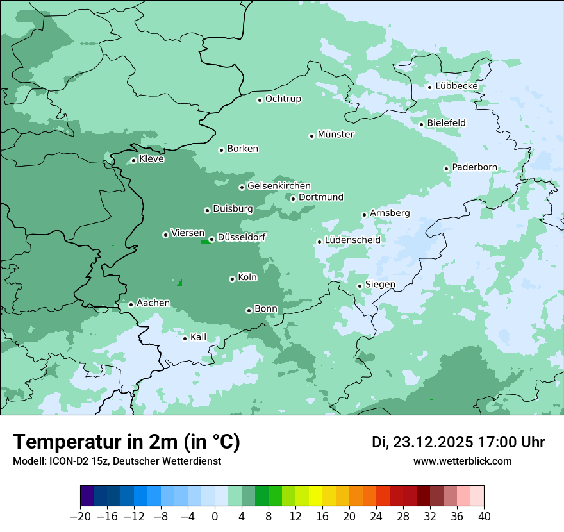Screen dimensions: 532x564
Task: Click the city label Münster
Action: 336,135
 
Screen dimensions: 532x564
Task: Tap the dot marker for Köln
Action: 232,279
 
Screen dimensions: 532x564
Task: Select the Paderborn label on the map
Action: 474,168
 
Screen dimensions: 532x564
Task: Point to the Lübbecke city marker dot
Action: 430,87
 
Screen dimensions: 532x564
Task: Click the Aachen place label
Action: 153,303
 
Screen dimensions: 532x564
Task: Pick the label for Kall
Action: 199,337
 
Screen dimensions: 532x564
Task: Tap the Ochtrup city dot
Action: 260,100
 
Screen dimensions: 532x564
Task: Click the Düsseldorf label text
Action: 242,238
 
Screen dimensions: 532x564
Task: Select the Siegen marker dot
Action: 360,286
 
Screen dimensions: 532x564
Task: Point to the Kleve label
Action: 151,159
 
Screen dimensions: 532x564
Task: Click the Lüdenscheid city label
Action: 352,240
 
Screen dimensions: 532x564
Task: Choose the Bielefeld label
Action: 446,123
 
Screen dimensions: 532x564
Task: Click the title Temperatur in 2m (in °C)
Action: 126,442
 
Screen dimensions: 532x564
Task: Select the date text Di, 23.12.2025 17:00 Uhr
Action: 458,442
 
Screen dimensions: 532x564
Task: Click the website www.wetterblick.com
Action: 462,461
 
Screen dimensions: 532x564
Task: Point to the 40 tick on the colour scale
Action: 484,517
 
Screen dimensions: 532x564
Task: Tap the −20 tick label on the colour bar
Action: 80,517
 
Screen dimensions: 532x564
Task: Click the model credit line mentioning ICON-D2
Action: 117,461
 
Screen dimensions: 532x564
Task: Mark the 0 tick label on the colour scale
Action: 215,517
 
